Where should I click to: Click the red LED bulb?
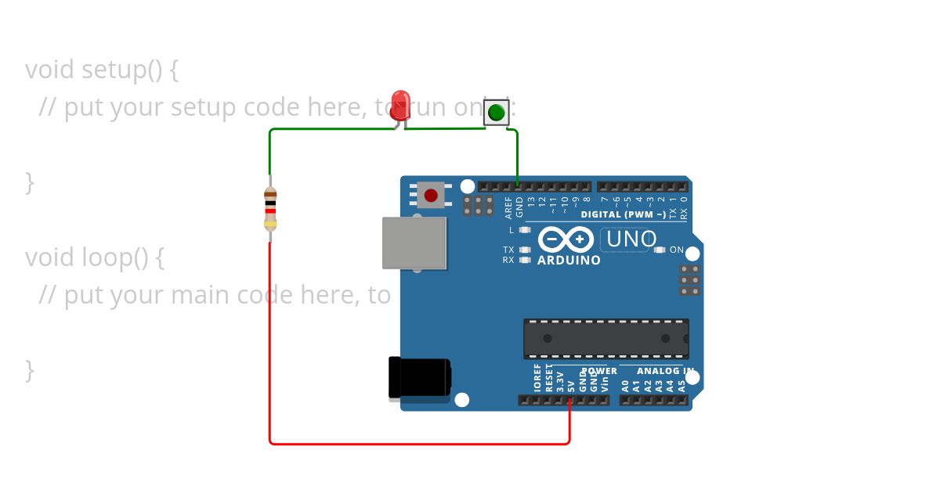(400, 104)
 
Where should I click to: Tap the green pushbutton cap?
(496, 113)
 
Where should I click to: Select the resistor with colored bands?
(270, 208)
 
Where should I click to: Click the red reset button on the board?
(431, 194)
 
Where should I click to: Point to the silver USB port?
(414, 243)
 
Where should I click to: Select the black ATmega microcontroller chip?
(606, 338)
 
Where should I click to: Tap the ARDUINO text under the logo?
(569, 261)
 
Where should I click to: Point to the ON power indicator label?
(677, 250)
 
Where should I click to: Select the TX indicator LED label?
(508, 250)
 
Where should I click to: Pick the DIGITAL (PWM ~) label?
(623, 214)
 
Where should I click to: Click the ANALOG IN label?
(664, 371)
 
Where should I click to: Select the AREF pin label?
(508, 207)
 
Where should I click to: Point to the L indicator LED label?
(512, 230)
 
